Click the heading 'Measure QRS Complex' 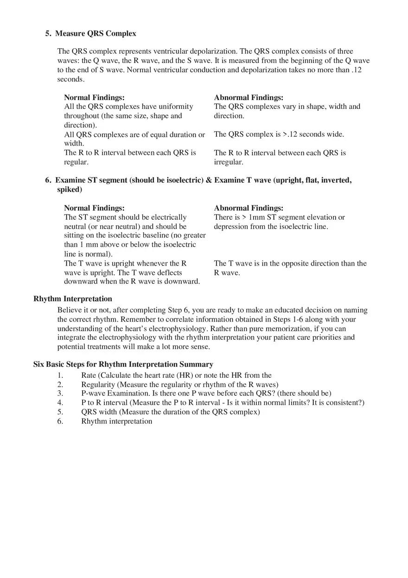point(96,33)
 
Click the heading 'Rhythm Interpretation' point(73,299)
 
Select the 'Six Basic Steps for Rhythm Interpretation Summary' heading point(123,364)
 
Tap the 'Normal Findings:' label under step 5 point(94,98)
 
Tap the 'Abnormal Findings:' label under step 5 point(249,98)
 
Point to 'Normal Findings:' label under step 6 point(94,208)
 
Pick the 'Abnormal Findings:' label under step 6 point(249,208)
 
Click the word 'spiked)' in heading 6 point(70,190)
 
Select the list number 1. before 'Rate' point(60,375)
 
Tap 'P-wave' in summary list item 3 point(93,394)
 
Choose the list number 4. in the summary point(60,403)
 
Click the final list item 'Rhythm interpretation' point(117,421)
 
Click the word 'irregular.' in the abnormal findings point(229,162)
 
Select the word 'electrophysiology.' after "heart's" point(178,329)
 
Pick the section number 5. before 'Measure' point(48,33)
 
